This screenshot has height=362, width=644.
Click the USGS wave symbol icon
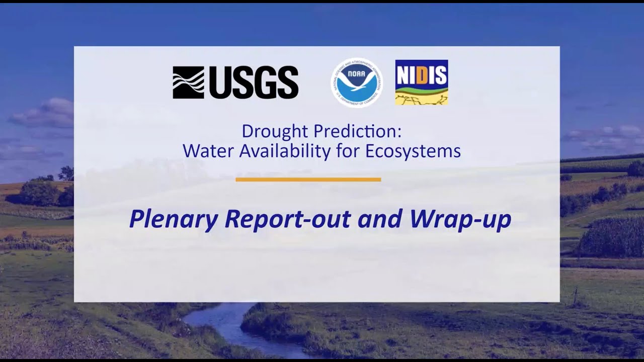click(x=188, y=82)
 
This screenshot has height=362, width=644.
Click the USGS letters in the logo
click(x=254, y=82)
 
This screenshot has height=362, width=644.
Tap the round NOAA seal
click(x=357, y=83)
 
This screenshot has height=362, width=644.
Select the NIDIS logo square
click(x=421, y=82)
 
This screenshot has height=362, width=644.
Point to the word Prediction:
click(x=358, y=132)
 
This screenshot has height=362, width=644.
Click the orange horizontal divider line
click(x=308, y=179)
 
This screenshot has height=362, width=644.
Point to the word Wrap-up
click(x=460, y=219)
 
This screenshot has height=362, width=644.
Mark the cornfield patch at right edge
click(x=611, y=236)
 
